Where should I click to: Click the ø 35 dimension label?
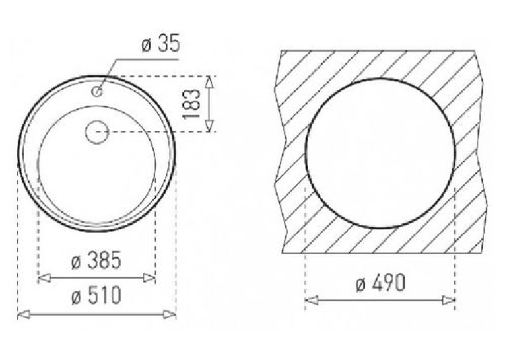pyautogui.click(x=160, y=44)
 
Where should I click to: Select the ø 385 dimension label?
pyautogui.click(x=96, y=260)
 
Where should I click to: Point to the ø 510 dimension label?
pyautogui.click(x=96, y=295)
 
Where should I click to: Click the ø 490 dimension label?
pyautogui.click(x=380, y=283)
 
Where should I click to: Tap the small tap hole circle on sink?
pyautogui.click(x=97, y=92)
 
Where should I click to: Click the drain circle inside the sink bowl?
pyautogui.click(x=97, y=132)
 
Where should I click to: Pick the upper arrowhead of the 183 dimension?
pyautogui.click(x=209, y=82)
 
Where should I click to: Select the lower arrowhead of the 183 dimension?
pyautogui.click(x=209, y=126)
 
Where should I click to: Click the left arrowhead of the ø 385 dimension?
pyautogui.click(x=44, y=278)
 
